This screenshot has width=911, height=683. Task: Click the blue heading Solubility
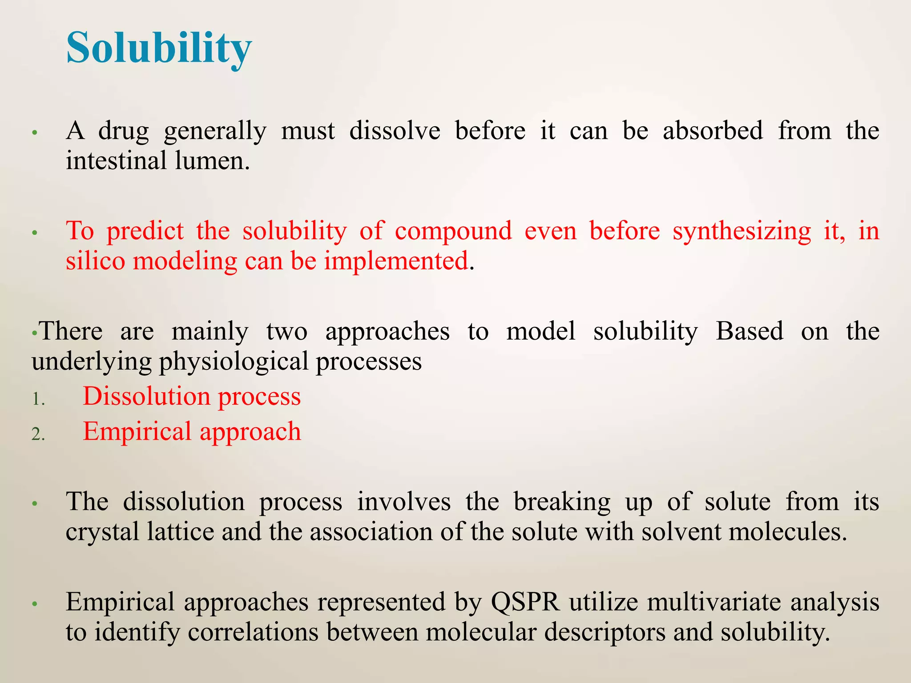[159, 48]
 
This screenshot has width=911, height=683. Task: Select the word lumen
[212, 161]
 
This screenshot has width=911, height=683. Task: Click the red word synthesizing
[742, 232]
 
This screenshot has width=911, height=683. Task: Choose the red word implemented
[396, 261]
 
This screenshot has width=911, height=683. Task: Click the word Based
[750, 331]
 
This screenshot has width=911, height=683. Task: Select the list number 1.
[38, 399]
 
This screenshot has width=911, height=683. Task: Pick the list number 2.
[38, 434]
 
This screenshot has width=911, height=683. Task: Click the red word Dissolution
[147, 396]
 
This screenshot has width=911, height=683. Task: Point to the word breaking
[562, 502]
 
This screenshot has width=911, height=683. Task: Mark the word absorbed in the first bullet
[713, 131]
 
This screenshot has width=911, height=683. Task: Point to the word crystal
[103, 532]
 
